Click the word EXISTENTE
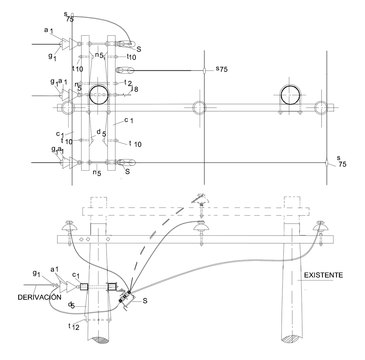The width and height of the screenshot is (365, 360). (x=323, y=275)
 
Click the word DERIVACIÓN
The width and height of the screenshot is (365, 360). (x=39, y=297)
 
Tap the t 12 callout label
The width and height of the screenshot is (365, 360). (x=74, y=326)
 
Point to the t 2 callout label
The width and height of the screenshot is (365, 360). (x=128, y=82)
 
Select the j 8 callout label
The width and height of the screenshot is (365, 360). (x=135, y=89)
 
